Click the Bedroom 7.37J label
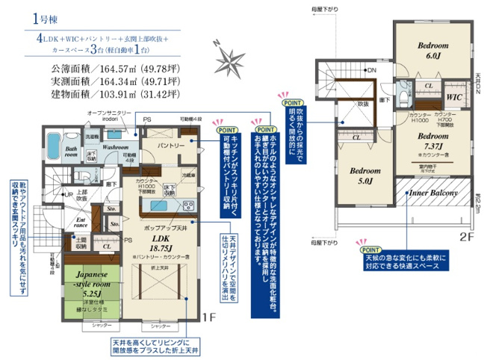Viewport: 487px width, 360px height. point(432,142)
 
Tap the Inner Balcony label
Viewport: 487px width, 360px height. point(432,193)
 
